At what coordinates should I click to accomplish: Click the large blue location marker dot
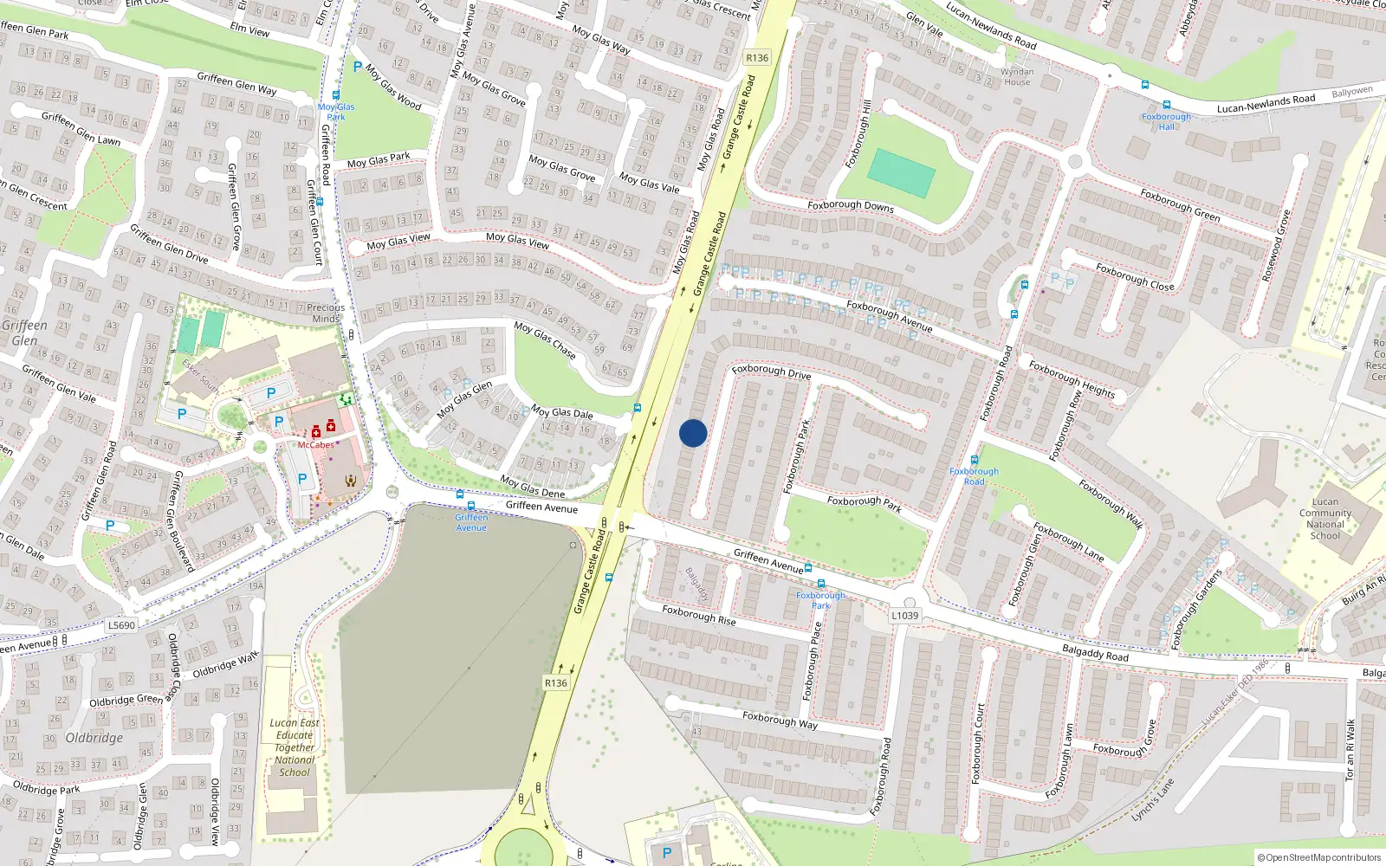coord(693,433)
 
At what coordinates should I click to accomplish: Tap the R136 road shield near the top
coord(757,58)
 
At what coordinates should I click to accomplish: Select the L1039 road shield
coord(905,616)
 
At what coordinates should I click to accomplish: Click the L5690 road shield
coord(122,625)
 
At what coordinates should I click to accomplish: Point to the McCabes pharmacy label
coord(315,445)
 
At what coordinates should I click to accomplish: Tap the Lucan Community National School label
coord(1324,519)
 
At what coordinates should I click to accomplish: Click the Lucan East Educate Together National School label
coord(295,747)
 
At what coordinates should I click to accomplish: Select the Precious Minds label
coord(326,313)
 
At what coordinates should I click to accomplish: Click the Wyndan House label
coord(1017,77)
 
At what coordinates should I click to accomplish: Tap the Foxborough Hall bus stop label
coord(1166,121)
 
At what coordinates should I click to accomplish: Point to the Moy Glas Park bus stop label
coord(336,112)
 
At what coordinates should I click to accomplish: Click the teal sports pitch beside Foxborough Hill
coord(901,172)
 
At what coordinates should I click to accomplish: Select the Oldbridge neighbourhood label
coord(94,738)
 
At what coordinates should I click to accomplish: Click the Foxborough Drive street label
coord(771,372)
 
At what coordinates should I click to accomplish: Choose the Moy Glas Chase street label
coord(545,339)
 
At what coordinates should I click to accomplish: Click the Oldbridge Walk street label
coord(225,665)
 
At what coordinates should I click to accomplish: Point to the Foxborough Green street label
coord(1180,205)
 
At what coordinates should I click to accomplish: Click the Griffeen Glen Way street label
coord(236,84)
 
